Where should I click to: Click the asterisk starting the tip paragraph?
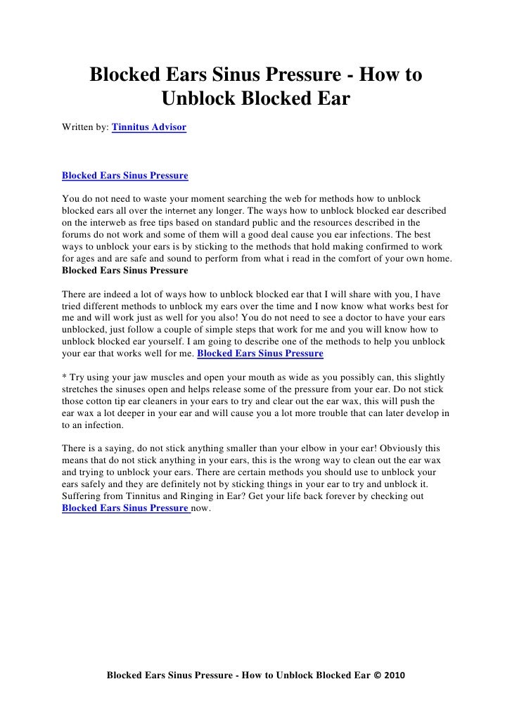click(65, 378)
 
